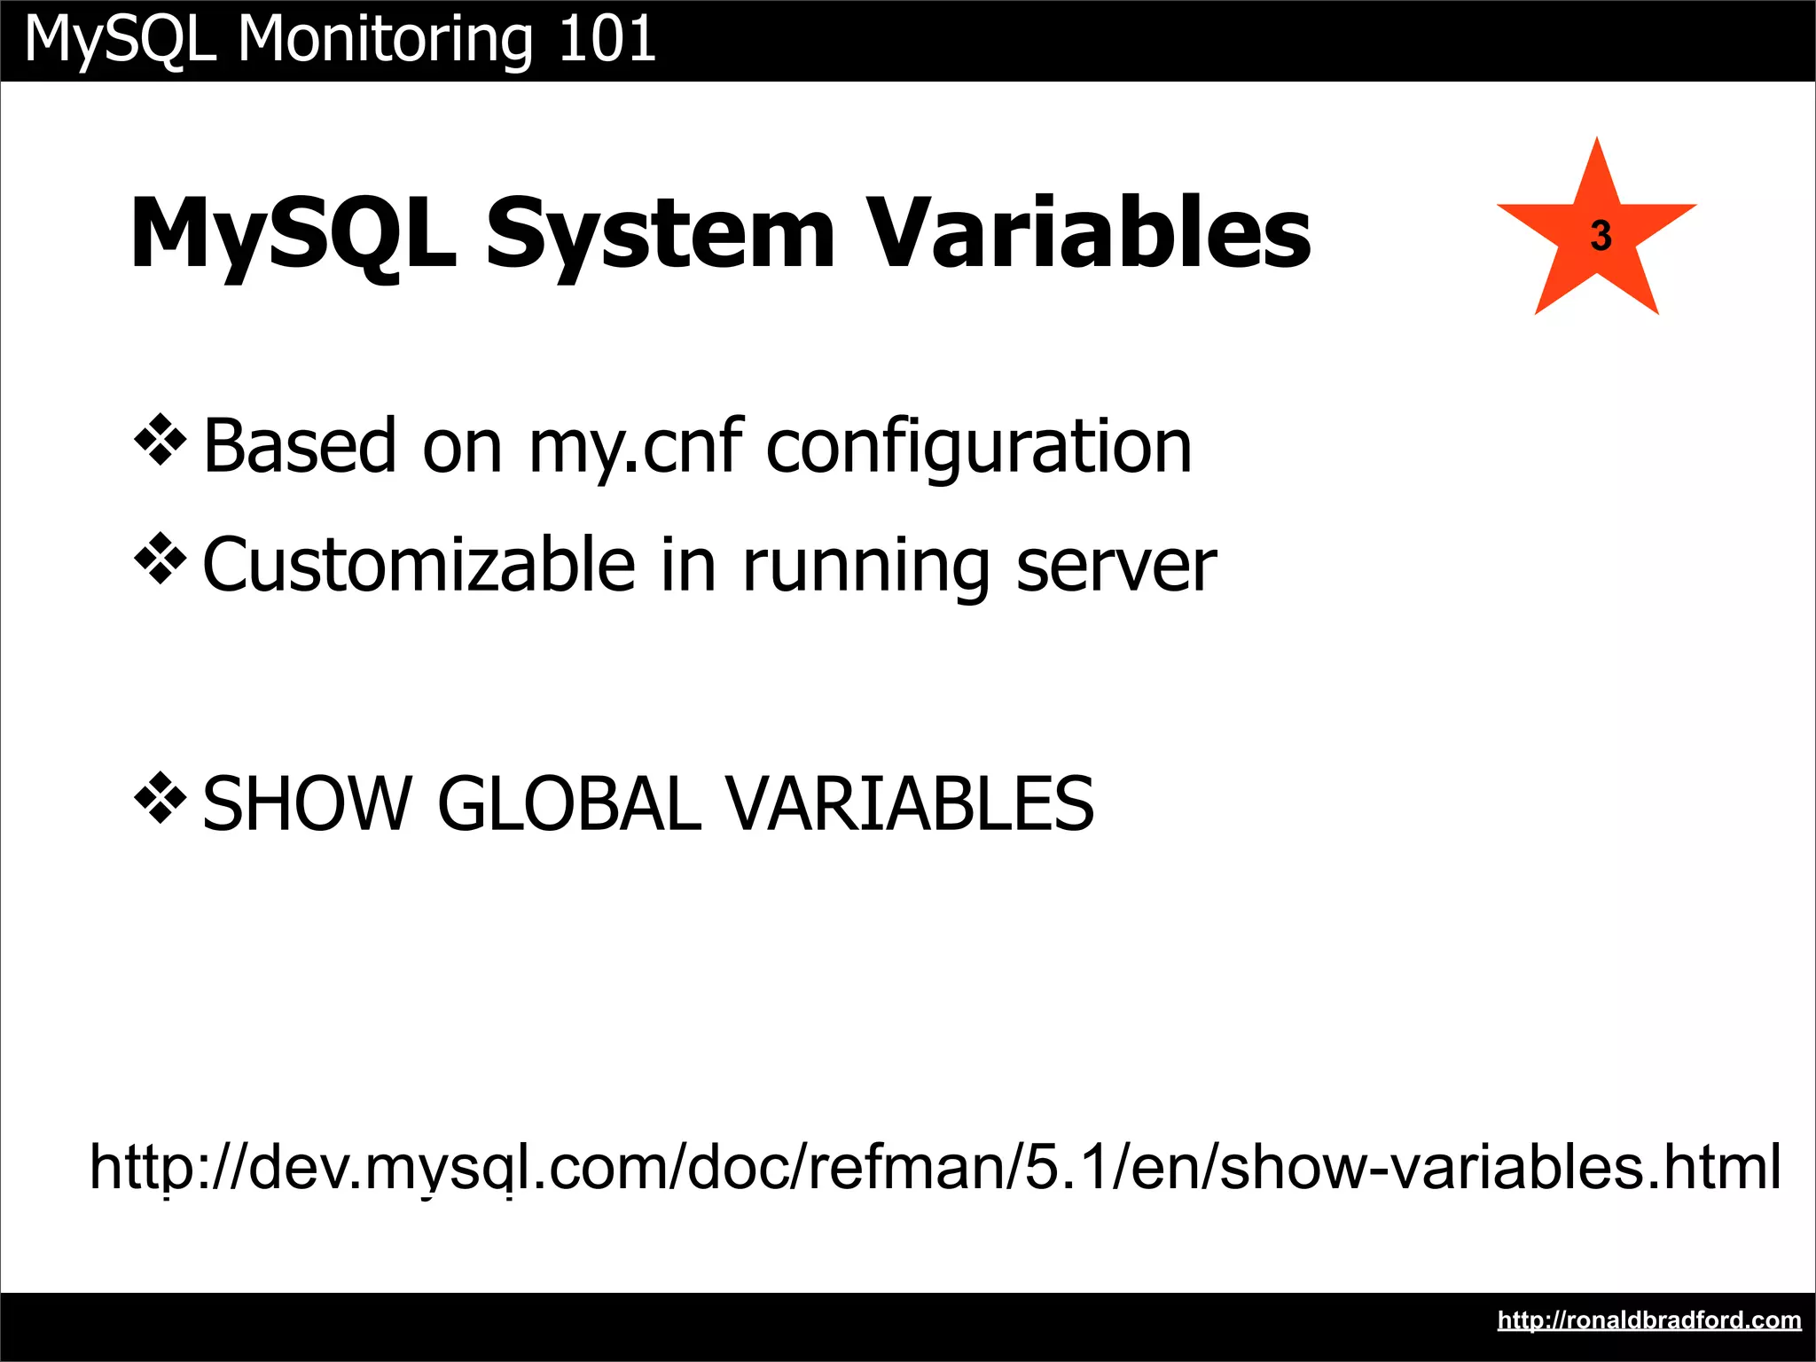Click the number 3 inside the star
click(1601, 236)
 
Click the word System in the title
click(660, 234)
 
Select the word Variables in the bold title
click(1089, 232)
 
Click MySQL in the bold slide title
click(294, 234)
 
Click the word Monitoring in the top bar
click(385, 41)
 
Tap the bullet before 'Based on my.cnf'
click(160, 440)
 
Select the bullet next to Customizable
click(160, 560)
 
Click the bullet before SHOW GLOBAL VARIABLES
click(160, 798)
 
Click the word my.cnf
click(635, 447)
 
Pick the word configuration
click(978, 447)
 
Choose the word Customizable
click(419, 565)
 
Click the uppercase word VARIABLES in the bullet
click(911, 804)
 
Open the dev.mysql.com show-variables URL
click(935, 1167)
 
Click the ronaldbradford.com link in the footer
click(1648, 1320)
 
